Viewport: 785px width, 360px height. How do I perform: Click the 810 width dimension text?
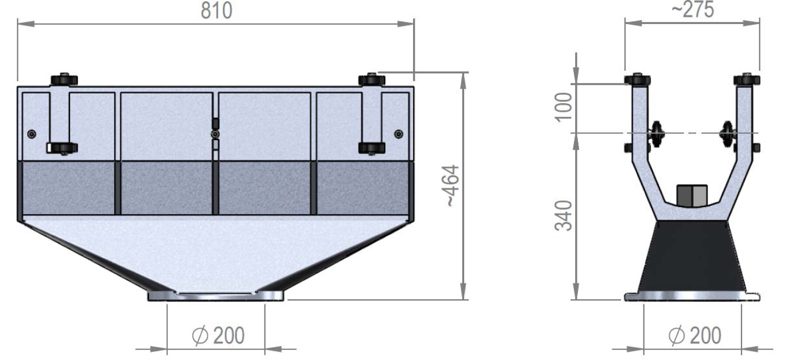point(216,10)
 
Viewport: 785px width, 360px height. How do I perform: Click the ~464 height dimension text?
point(452,186)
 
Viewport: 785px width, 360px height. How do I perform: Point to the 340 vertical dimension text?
point(563,215)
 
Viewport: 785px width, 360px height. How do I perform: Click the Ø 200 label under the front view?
point(218,336)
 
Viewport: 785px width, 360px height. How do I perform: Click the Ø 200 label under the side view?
point(695,336)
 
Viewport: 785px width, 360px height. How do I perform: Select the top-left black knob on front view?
point(64,80)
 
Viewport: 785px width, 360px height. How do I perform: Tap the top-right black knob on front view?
point(371,80)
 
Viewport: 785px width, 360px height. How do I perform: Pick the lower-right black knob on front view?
point(372,148)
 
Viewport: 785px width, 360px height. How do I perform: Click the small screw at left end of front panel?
point(31,134)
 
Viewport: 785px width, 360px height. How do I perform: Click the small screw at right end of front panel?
point(399,134)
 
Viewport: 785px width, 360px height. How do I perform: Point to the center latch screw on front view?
point(215,134)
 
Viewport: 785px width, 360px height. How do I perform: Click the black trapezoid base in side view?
point(692,258)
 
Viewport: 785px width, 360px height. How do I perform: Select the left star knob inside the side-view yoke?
point(656,134)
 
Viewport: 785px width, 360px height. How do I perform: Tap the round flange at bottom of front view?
point(215,296)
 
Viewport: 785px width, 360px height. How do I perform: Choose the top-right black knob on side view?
point(747,80)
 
